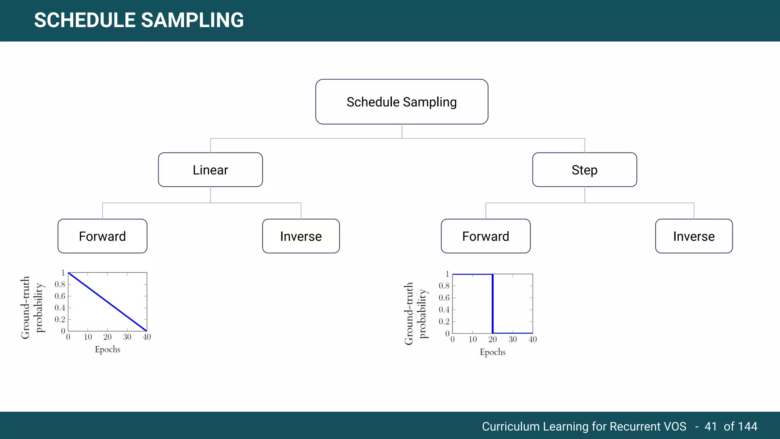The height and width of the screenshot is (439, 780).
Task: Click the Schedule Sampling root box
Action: [401, 102]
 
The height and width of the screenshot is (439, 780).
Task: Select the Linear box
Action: [210, 170]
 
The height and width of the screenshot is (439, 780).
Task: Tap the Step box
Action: [584, 170]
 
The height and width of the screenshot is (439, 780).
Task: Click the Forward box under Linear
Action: [102, 236]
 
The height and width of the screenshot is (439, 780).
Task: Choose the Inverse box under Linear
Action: [301, 236]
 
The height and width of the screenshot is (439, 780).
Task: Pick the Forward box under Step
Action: [486, 236]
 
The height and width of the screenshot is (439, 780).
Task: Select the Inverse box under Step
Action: [694, 236]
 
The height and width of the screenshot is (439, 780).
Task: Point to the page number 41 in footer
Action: [711, 426]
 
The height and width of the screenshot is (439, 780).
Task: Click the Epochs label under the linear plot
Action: [107, 349]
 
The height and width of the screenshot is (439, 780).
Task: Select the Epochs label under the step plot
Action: [492, 352]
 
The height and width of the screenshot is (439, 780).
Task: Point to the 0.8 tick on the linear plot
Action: [60, 284]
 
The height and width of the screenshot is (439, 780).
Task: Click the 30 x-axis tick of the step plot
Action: [513, 339]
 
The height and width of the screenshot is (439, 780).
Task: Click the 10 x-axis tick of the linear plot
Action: [88, 337]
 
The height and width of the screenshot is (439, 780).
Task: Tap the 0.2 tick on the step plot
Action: [444, 321]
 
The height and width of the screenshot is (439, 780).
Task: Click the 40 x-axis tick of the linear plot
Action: [147, 337]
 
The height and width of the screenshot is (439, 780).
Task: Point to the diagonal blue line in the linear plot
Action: [107, 302]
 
